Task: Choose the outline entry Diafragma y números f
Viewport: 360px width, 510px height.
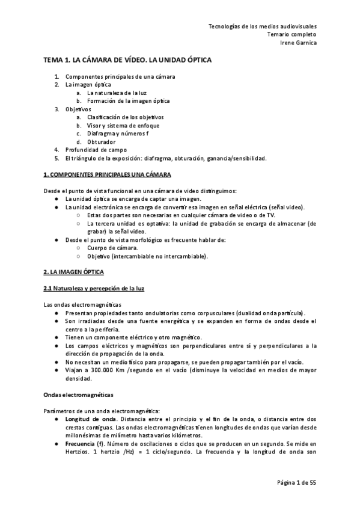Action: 117,133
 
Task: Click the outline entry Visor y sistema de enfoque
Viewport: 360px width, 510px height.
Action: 123,125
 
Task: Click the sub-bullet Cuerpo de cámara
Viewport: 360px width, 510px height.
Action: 112,248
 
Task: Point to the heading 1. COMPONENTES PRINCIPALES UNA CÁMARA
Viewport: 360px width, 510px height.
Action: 108,174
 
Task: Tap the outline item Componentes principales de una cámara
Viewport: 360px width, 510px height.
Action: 120,77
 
